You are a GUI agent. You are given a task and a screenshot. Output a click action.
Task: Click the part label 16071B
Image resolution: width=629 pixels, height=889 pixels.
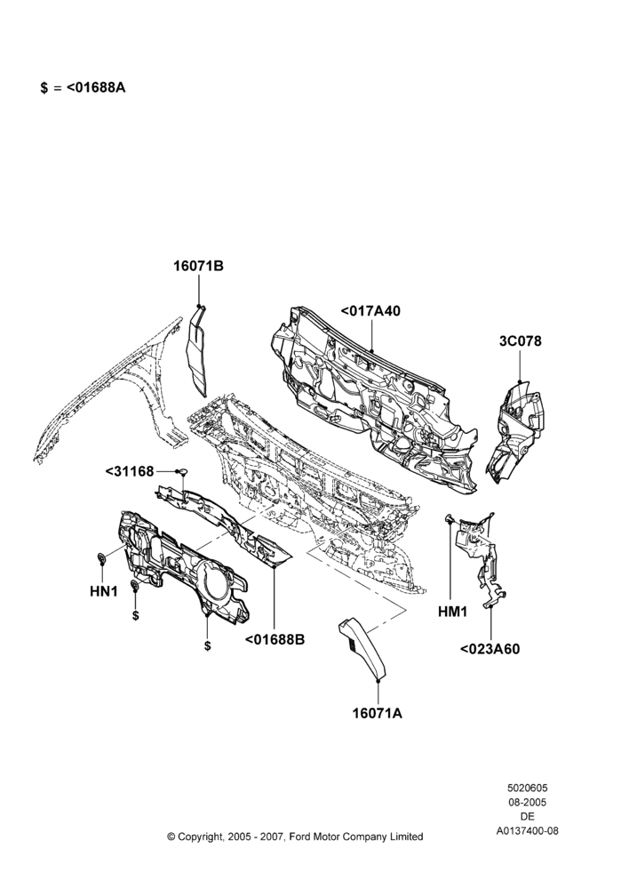[x=198, y=266]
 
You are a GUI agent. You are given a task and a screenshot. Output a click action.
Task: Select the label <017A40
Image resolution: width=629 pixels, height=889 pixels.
[x=370, y=310]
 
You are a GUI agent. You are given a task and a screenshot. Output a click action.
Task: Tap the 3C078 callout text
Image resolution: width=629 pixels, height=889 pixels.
[x=521, y=340]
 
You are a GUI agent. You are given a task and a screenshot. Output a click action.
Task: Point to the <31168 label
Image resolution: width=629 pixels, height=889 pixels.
[x=130, y=471]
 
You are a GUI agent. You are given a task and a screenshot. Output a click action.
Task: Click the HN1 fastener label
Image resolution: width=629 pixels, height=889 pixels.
[x=104, y=591]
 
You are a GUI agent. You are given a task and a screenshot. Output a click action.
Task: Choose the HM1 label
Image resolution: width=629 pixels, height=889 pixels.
[x=452, y=612]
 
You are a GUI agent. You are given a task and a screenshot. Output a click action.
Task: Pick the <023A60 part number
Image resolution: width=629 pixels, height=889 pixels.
[x=490, y=649]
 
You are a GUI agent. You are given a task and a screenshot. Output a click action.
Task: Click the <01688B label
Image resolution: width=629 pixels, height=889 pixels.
[x=275, y=639]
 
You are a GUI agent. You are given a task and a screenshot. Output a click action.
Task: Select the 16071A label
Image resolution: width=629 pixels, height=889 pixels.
[x=378, y=713]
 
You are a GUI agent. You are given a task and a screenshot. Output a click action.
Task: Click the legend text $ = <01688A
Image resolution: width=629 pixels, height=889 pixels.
[x=83, y=88]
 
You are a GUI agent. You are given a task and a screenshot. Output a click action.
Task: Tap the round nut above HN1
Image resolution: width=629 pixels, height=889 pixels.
[x=102, y=559]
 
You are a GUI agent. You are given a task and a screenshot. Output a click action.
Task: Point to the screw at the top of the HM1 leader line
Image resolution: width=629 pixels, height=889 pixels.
[x=450, y=517]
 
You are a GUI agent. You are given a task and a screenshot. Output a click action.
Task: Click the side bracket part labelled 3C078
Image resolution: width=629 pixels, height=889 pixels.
[x=514, y=431]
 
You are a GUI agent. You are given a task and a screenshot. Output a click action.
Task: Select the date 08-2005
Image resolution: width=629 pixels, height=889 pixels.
[x=527, y=802]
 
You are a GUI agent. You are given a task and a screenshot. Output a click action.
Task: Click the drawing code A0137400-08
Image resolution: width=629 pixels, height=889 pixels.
[x=527, y=831]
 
